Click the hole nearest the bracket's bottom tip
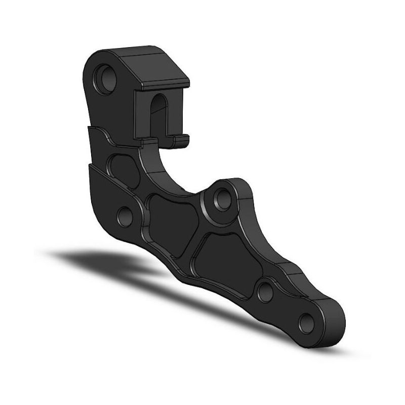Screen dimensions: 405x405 (x=306, y=321)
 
